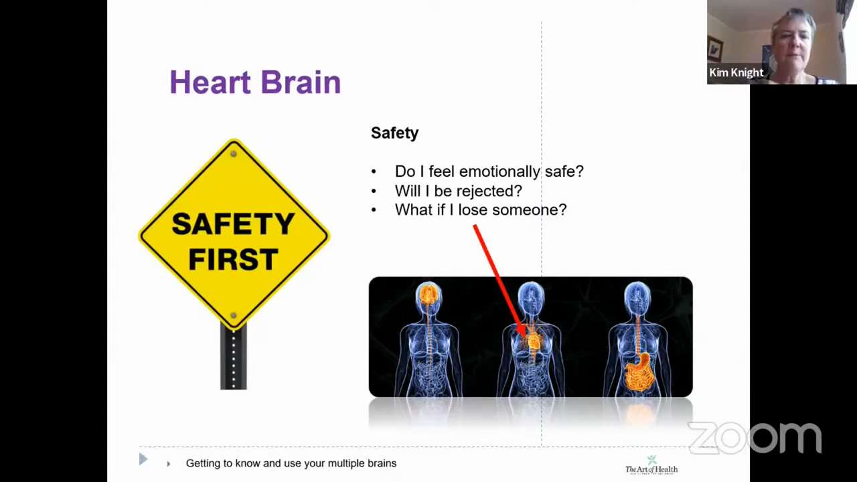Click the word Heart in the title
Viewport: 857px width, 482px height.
coord(210,82)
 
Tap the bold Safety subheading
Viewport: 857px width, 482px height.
coord(394,133)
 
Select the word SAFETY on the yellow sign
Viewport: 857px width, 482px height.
coord(233,224)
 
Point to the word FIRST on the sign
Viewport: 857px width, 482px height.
coord(234,259)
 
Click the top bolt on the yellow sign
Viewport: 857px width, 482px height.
coord(234,154)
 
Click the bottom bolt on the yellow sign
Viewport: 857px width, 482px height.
coord(234,315)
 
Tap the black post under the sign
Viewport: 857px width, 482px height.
coord(234,357)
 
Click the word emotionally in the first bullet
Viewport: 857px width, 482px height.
coord(499,171)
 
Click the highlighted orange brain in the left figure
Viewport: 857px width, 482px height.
coord(428,295)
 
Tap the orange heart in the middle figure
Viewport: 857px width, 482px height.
coord(533,340)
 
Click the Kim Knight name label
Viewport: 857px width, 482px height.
coord(736,72)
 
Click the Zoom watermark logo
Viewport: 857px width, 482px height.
coord(755,438)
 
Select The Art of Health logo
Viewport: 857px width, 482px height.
coord(651,465)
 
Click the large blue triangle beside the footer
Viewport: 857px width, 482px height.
coord(143,459)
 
